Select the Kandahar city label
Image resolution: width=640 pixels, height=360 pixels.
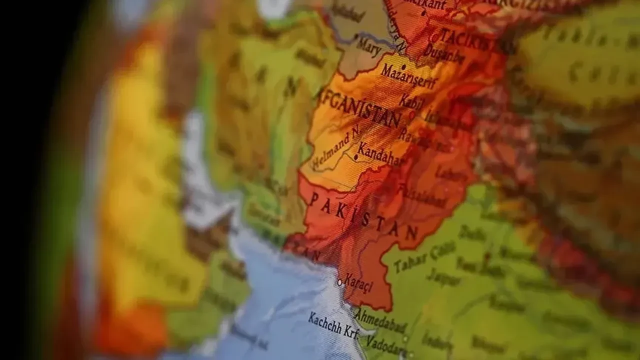coord(379,154)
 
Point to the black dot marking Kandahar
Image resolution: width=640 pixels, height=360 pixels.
coord(355,157)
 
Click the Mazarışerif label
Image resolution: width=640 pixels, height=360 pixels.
coord(408,76)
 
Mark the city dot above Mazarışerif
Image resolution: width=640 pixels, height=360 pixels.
coord(403,66)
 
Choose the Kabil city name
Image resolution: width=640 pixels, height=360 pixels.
coord(411,102)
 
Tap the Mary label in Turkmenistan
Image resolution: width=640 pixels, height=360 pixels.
coord(369,48)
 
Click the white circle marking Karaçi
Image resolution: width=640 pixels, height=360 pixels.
coord(340,282)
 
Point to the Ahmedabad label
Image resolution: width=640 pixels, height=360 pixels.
coord(380,321)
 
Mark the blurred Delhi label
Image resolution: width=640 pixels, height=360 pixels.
coord(472,233)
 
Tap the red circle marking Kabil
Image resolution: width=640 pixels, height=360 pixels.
coord(412,114)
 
